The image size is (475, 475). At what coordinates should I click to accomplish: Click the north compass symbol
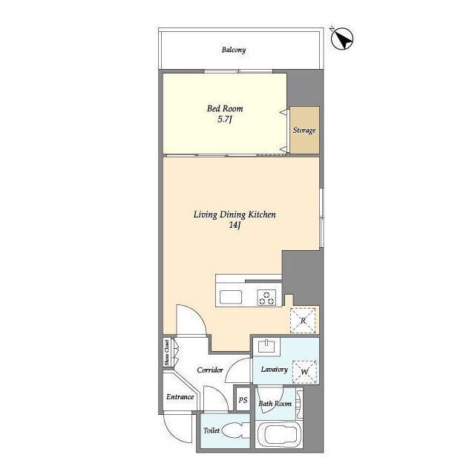pyautogui.click(x=342, y=39)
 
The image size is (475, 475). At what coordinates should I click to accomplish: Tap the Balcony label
pyautogui.click(x=234, y=50)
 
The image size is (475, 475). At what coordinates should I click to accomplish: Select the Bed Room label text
pyautogui.click(x=225, y=108)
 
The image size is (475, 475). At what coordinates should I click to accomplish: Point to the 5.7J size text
pyautogui.click(x=225, y=119)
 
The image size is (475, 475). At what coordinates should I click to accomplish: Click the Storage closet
pyautogui.click(x=304, y=130)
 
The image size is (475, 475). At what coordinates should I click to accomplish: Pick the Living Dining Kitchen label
pyautogui.click(x=235, y=214)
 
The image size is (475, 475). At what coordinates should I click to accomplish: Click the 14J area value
pyautogui.click(x=235, y=226)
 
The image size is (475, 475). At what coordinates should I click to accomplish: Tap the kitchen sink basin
pyautogui.click(x=231, y=297)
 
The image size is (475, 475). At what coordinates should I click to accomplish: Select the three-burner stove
pyautogui.click(x=267, y=298)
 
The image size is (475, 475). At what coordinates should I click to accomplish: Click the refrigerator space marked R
pyautogui.click(x=303, y=321)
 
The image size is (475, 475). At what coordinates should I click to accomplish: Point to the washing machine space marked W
pyautogui.click(x=304, y=372)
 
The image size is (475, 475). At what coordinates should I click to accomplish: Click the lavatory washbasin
pyautogui.click(x=266, y=346)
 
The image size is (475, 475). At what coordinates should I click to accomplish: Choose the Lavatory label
pyautogui.click(x=274, y=370)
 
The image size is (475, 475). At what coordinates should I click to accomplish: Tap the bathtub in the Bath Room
pyautogui.click(x=279, y=435)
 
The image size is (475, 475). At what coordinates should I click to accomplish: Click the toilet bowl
pyautogui.click(x=233, y=430)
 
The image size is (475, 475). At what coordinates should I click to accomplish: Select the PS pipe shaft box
pyautogui.click(x=243, y=399)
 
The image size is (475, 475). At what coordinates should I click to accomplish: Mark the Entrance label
pyautogui.click(x=180, y=397)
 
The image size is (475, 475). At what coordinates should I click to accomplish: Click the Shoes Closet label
pyautogui.click(x=166, y=353)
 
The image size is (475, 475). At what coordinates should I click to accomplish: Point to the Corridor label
pyautogui.click(x=210, y=370)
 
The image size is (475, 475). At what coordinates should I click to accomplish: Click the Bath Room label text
pyautogui.click(x=275, y=404)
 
